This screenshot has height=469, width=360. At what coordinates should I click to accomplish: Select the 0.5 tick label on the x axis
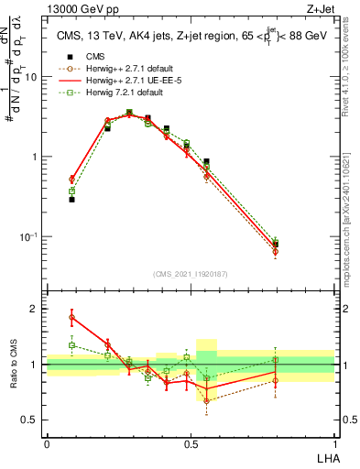[x=190, y=443]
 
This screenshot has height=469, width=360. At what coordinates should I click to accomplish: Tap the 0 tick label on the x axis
[x=47, y=443]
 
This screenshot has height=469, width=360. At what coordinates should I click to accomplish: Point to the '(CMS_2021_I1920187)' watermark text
[x=191, y=273]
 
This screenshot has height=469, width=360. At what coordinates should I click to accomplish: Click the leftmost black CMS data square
[x=71, y=199]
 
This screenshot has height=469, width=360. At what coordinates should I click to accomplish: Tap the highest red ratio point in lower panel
[x=71, y=317]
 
